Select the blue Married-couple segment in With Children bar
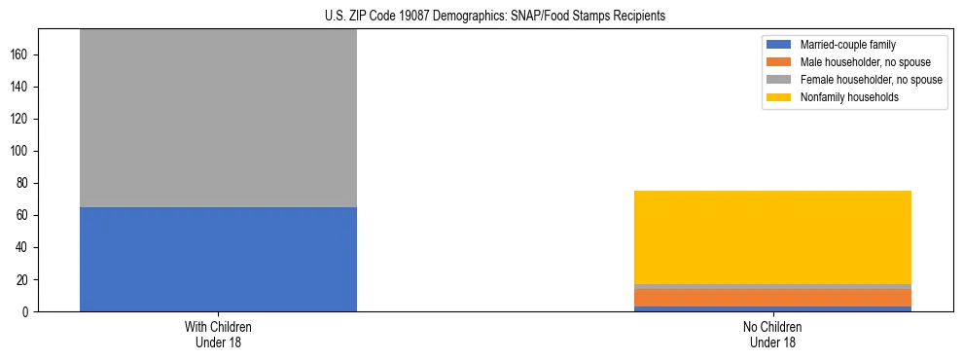point(218,259)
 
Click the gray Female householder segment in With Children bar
point(218,118)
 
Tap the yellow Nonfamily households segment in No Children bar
point(772,237)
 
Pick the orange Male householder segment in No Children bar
point(772,297)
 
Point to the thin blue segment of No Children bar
point(772,308)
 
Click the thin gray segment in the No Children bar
point(772,286)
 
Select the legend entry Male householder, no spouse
point(859,62)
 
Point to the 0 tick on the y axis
point(29,312)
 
